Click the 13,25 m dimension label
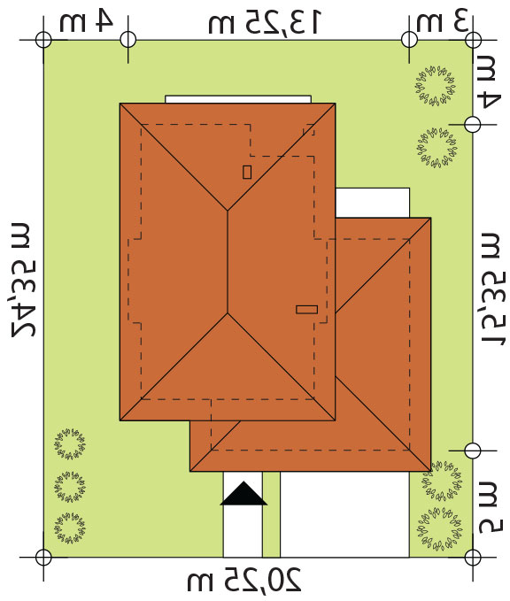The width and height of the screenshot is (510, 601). click(264, 22)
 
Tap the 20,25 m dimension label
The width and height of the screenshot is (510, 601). click(244, 580)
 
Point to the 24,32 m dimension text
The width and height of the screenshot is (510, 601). click(25, 280)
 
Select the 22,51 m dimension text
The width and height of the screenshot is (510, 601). click(493, 289)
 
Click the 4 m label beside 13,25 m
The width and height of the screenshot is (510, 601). click(86, 20)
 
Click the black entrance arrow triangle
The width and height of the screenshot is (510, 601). click(243, 494)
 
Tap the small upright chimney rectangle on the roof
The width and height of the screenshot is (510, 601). click(247, 172)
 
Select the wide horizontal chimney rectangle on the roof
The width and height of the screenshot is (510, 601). click(306, 309)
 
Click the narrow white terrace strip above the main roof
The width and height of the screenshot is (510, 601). click(238, 99)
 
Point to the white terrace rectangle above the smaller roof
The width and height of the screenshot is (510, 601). click(373, 203)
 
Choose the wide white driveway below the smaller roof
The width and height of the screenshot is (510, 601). click(344, 514)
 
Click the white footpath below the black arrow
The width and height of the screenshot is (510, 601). click(243, 531)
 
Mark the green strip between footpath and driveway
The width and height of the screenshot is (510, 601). click(271, 514)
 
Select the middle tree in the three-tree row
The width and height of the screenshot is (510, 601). click(70, 487)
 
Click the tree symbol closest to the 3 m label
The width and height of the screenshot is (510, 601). click(436, 86)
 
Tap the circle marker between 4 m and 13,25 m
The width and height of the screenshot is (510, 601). click(128, 40)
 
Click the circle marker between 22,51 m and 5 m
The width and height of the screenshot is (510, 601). click(473, 451)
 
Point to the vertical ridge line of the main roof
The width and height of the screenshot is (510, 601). click(228, 262)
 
